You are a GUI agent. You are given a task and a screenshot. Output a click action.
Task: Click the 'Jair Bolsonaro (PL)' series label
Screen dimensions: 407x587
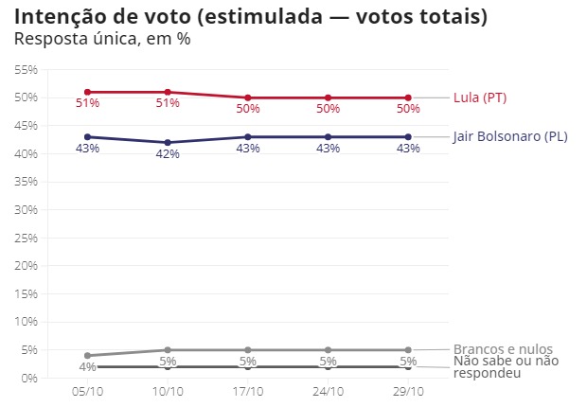point(510,136)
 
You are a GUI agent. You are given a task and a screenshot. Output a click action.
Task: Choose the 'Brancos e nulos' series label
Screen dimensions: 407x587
point(503,349)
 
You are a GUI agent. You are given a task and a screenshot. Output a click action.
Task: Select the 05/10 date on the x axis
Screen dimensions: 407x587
point(87,391)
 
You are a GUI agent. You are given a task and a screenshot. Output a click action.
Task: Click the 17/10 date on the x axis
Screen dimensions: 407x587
point(248,391)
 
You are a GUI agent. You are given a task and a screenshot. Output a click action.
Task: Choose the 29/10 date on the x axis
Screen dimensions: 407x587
point(408,391)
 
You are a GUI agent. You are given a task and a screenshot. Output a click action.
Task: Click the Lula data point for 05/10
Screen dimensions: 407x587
point(87,92)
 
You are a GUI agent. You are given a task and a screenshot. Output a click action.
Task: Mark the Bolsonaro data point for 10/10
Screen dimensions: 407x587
point(168,143)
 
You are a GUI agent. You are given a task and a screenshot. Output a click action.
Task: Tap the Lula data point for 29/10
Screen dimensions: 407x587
point(408,97)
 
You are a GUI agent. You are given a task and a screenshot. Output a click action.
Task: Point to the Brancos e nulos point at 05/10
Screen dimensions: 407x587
point(87,356)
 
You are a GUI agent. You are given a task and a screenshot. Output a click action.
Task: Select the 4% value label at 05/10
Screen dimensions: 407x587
point(87,367)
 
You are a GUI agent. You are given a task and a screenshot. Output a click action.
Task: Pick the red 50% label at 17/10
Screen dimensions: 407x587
point(248,109)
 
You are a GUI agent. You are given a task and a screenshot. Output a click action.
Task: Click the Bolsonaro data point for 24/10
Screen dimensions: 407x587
point(328,137)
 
